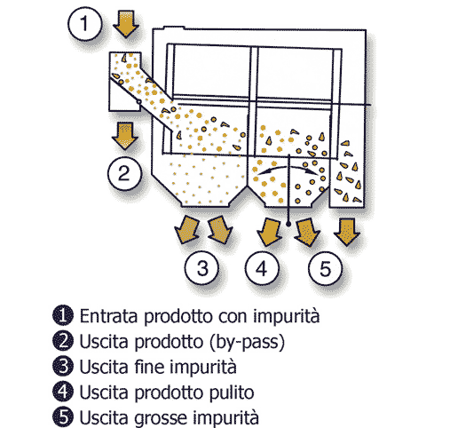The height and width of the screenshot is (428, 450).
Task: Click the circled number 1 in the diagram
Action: [x=85, y=23]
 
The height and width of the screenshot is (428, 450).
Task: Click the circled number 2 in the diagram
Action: [x=124, y=173]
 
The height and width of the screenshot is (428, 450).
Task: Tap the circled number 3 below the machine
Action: [x=202, y=268]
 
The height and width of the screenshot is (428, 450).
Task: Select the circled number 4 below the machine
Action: [x=262, y=268]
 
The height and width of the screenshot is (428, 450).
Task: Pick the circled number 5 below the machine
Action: [x=325, y=268]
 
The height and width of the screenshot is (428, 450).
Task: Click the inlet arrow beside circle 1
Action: [x=126, y=24]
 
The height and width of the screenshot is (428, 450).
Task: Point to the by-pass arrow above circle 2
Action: [x=125, y=136]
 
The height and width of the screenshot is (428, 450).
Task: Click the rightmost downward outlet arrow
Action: [x=347, y=232]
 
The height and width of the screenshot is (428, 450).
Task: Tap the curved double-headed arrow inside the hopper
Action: [x=288, y=168]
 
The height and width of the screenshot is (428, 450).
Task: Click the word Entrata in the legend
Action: [x=109, y=316]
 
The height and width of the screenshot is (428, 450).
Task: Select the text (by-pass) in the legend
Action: [x=247, y=342]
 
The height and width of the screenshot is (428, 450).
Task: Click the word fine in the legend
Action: [x=149, y=367]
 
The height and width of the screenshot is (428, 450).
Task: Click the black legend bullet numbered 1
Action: [x=63, y=315]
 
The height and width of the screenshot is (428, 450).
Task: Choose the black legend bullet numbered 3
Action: [x=63, y=366]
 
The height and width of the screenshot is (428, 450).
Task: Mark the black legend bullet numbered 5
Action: [x=63, y=417]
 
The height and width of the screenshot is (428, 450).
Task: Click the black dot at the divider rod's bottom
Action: [x=288, y=225]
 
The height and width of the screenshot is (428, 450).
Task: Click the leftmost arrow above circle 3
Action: [x=186, y=230]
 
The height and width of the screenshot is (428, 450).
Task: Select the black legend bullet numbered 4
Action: [x=63, y=392]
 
